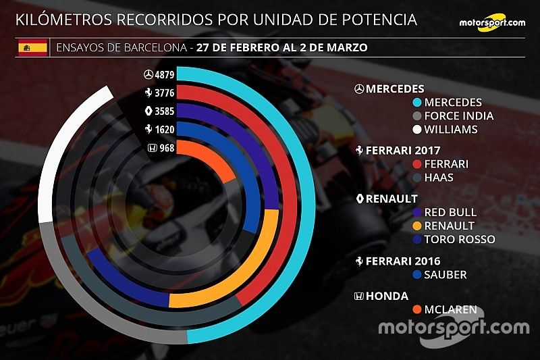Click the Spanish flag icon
tap(31, 47)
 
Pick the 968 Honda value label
tap(164, 149)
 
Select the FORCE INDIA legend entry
tap(459, 116)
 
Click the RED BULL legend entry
tap(451, 212)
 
